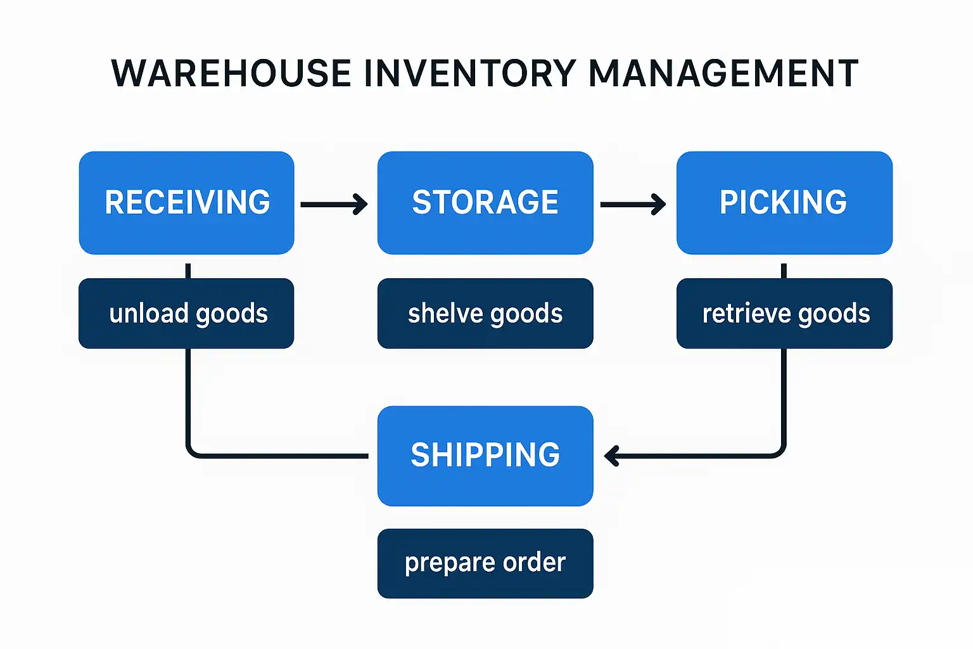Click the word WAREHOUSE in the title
coord(231,73)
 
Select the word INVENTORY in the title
coord(469,73)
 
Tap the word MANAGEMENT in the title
coord(723,73)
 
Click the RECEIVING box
coord(186,203)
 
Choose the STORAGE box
coord(485,203)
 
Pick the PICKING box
coord(784,203)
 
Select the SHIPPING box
coord(485,456)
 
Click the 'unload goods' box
coord(186,313)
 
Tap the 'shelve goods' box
coord(485,313)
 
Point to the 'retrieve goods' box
coord(784,313)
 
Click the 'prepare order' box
coord(485,563)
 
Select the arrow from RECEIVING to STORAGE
coord(334,204)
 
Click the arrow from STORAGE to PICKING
coord(632,204)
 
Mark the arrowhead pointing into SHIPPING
coord(611,456)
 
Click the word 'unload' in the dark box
coord(149,313)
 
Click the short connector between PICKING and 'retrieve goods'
coord(784,271)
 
